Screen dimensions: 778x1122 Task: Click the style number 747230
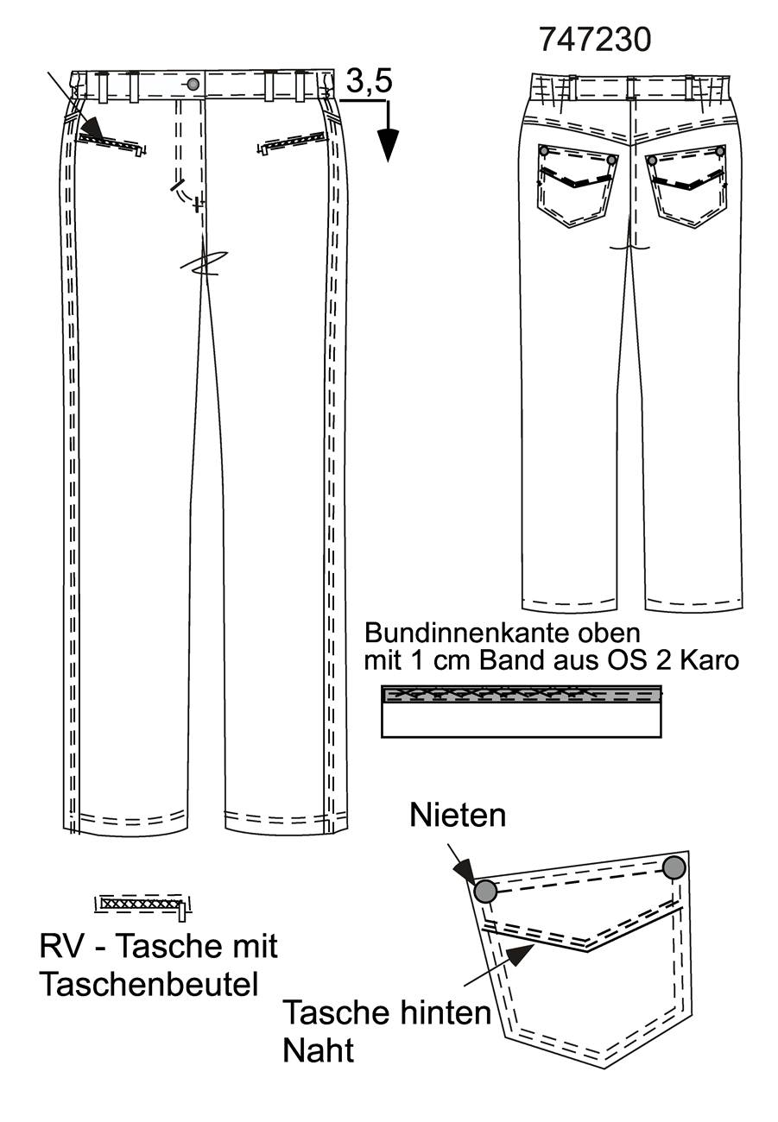[x=595, y=40]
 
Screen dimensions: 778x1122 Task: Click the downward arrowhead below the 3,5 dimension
[x=388, y=145]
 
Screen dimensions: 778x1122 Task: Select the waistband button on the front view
[x=193, y=85]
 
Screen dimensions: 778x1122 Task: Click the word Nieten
[x=457, y=816]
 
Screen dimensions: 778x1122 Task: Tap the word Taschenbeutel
[x=149, y=984]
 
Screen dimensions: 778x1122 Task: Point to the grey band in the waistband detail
[x=521, y=694]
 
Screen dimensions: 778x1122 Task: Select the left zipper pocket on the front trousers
[x=111, y=142]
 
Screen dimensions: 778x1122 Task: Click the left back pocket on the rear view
[x=577, y=185]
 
